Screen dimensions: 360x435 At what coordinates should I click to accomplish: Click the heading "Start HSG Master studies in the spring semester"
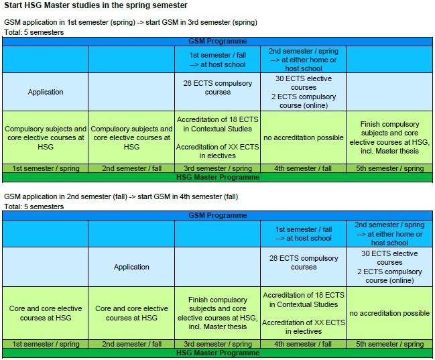(x=96, y=6)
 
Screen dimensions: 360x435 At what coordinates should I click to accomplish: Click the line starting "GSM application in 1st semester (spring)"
(x=131, y=22)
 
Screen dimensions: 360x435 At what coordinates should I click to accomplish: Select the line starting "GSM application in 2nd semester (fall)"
(x=121, y=196)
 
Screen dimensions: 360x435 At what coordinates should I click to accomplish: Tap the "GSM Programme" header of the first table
(x=218, y=41)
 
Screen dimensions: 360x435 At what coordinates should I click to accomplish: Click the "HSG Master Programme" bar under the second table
(x=218, y=353)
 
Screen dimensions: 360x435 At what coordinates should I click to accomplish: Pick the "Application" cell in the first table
(x=46, y=92)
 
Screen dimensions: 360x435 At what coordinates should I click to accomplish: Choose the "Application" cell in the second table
(x=131, y=267)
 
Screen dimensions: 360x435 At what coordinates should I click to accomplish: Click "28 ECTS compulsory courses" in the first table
(x=218, y=87)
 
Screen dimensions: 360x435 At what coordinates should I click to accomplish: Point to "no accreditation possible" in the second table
(x=389, y=313)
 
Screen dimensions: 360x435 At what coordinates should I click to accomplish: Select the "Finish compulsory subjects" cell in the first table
(x=389, y=137)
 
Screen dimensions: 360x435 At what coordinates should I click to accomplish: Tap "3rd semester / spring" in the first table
(x=218, y=168)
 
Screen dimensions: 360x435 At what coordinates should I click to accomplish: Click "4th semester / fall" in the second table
(x=304, y=344)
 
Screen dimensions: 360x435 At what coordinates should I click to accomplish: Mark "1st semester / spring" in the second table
(x=46, y=344)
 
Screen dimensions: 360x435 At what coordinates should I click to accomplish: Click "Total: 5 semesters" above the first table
(x=34, y=32)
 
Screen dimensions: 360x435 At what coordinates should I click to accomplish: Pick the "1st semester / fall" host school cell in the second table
(x=304, y=233)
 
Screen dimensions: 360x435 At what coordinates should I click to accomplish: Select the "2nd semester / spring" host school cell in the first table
(x=304, y=60)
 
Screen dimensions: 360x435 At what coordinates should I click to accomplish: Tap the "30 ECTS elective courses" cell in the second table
(x=389, y=267)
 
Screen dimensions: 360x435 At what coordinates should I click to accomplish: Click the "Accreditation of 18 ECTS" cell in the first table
(x=218, y=137)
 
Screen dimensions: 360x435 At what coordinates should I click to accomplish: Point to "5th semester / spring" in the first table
(x=389, y=168)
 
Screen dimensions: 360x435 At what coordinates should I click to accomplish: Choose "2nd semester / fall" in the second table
(x=131, y=344)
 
